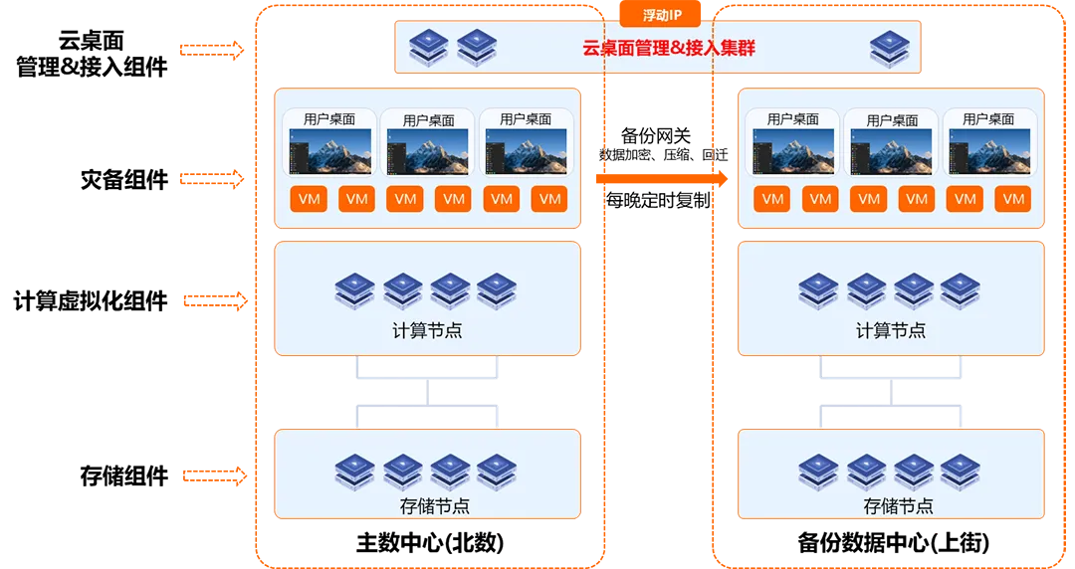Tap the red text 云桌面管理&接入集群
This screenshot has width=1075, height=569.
coord(669,48)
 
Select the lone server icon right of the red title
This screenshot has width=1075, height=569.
coord(890,47)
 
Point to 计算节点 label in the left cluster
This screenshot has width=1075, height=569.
coord(427,330)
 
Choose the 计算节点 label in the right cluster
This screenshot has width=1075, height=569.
coord(891,330)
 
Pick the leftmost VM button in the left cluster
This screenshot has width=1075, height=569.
coord(310,199)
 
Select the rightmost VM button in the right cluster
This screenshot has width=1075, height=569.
coord(1013,199)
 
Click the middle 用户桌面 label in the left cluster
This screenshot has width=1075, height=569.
coord(428,120)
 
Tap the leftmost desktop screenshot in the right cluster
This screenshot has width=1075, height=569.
coord(793,151)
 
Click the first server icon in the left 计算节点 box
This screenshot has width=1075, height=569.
coord(354,289)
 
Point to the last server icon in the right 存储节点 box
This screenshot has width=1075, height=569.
coord(961,471)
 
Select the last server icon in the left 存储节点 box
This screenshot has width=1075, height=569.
coord(497,471)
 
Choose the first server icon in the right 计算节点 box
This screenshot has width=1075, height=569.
coord(818,289)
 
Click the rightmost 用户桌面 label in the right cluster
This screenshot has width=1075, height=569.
coord(988,119)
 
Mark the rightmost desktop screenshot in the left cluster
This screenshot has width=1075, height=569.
coord(526,151)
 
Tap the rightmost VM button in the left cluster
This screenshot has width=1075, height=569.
coord(549,199)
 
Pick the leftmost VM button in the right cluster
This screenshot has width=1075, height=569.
coord(772,199)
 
